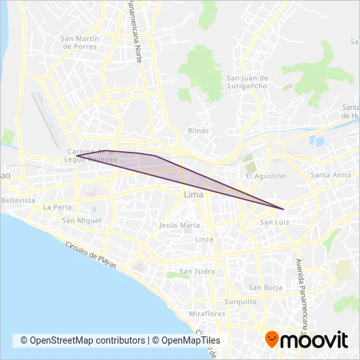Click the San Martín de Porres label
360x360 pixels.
(x=79, y=43)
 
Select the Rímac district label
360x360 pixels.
(x=198, y=130)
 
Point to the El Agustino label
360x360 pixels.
(x=266, y=176)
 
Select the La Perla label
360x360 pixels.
(x=56, y=207)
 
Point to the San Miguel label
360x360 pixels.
(x=81, y=221)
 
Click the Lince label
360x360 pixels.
(x=204, y=240)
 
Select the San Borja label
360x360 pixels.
(x=264, y=287)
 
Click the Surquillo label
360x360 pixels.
(x=240, y=302)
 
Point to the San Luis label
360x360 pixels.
(x=274, y=223)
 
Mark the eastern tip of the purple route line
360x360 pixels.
(x=283, y=209)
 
